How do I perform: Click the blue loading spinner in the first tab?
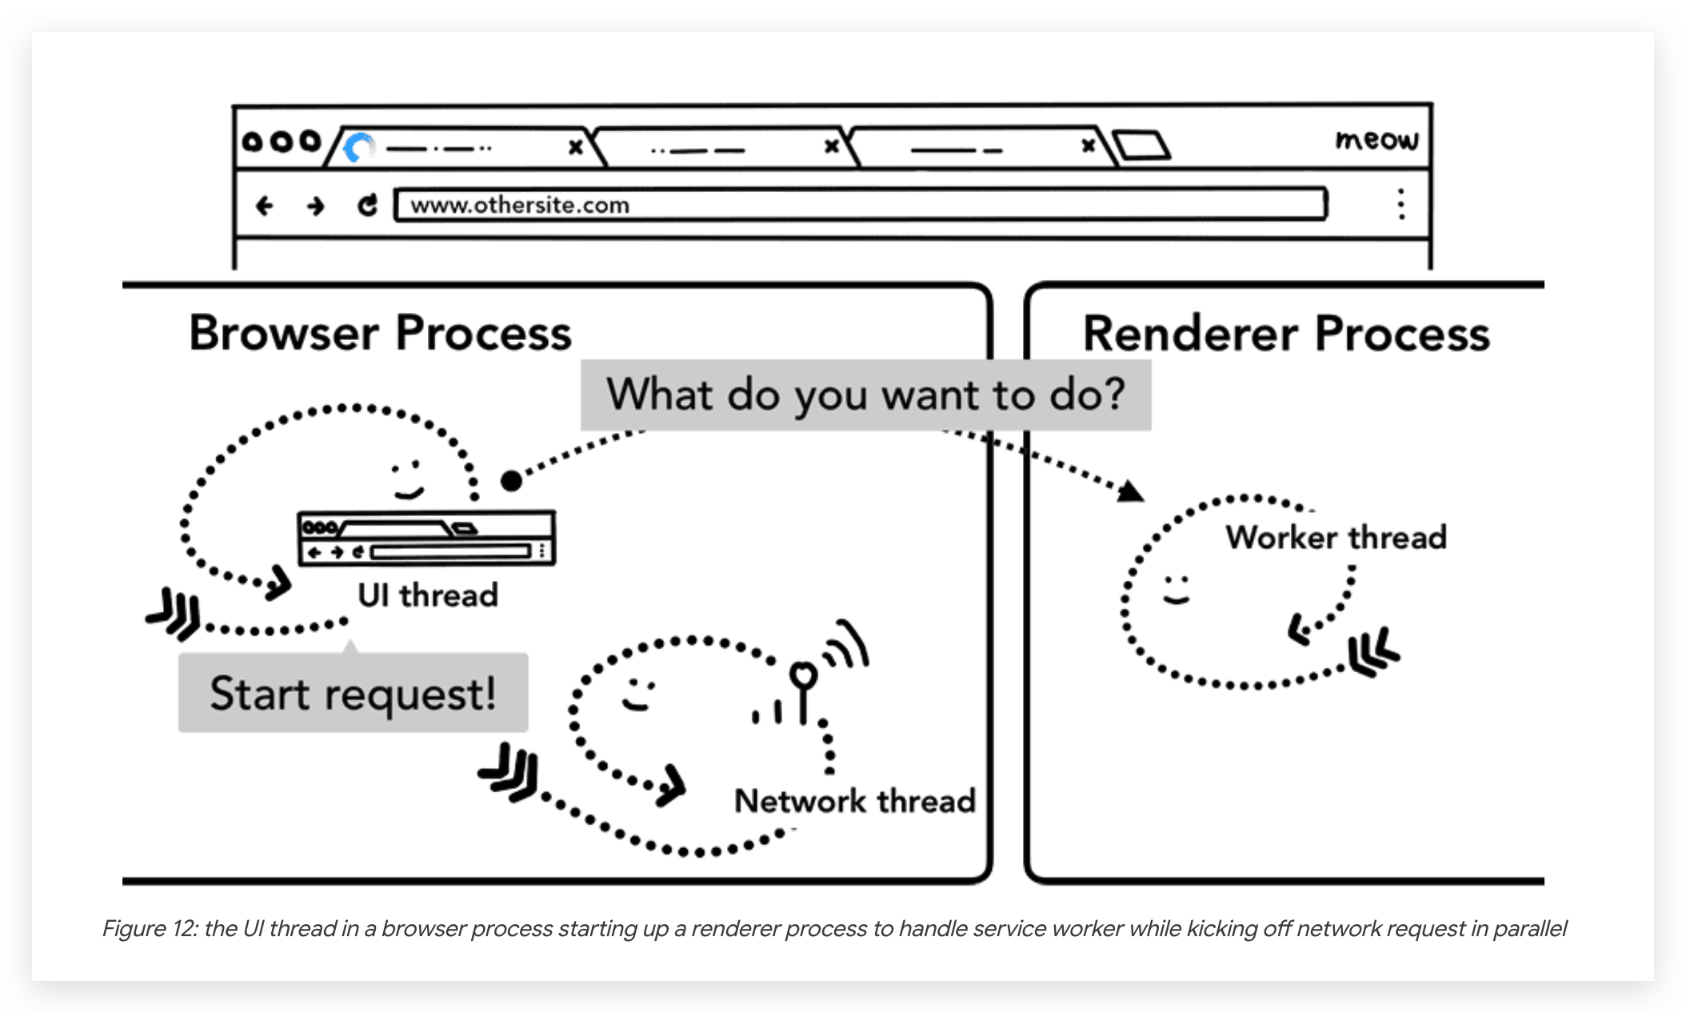click(x=359, y=147)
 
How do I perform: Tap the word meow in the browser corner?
click(x=1376, y=140)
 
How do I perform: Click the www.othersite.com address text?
click(x=520, y=205)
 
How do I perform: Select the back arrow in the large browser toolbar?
click(x=264, y=206)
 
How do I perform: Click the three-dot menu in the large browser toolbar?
click(x=1400, y=204)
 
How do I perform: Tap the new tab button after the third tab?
click(x=1142, y=146)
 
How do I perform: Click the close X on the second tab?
click(x=832, y=146)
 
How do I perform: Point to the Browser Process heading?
click(x=381, y=332)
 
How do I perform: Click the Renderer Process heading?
click(x=1286, y=333)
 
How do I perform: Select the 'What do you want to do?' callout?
click(x=865, y=395)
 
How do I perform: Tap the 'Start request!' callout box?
click(x=353, y=692)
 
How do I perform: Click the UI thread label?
click(x=428, y=595)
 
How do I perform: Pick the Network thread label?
click(x=855, y=800)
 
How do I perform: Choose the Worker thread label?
click(x=1336, y=537)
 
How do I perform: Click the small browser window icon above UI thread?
click(x=426, y=539)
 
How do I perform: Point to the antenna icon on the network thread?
click(x=804, y=690)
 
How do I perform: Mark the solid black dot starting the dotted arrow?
click(x=512, y=480)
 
